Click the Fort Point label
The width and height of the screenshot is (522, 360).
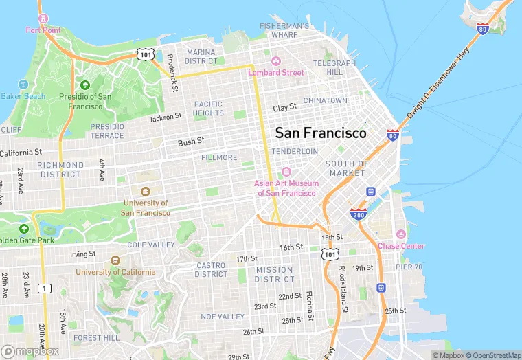pyautogui.click(x=43, y=30)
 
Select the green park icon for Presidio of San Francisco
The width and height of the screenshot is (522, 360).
pyautogui.click(x=85, y=85)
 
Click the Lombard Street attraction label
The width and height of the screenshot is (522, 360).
pyautogui.click(x=280, y=72)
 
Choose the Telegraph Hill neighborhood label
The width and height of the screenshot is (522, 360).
pyautogui.click(x=334, y=67)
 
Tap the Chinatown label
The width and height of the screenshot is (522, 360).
pyautogui.click(x=326, y=100)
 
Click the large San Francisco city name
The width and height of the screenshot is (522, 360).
pyautogui.click(x=321, y=133)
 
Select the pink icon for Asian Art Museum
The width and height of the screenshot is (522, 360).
pyautogui.click(x=286, y=172)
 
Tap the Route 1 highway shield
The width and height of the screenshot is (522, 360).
pyautogui.click(x=45, y=287)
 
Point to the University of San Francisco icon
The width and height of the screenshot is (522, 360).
pyautogui.click(x=145, y=192)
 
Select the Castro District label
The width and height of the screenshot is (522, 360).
pyautogui.click(x=211, y=269)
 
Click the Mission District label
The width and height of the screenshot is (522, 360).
pyautogui.click(x=274, y=274)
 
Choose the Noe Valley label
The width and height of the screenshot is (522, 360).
pyautogui.click(x=222, y=317)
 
